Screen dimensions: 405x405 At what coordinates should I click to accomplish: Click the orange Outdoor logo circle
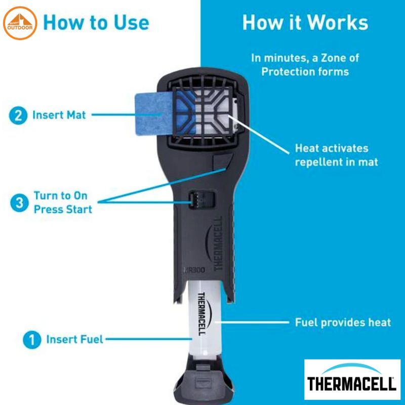pos(20,23)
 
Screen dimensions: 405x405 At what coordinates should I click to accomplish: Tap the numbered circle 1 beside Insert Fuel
pos(32,340)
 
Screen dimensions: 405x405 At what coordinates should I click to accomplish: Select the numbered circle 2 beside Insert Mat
pos(18,115)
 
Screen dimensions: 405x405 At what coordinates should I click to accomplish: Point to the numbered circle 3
pos(20,203)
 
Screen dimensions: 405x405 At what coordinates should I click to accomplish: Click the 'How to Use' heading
pos(96,22)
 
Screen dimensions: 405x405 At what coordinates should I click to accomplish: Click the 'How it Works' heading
pos(305,22)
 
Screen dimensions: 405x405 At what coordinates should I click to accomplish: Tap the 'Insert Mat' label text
pos(59,115)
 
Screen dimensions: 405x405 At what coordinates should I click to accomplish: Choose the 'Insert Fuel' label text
pos(74,339)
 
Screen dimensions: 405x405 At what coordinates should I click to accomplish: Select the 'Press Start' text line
pos(63,210)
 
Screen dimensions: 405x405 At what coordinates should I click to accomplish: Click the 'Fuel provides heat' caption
pos(343,322)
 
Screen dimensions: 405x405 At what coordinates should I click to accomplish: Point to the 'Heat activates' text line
pos(332,148)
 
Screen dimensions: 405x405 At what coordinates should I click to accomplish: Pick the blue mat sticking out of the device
pos(154,113)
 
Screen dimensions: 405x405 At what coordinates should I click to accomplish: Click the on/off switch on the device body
pos(202,199)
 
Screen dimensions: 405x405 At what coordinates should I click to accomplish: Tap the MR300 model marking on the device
pos(194,270)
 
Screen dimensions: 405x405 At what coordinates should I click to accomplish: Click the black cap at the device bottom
pos(204,379)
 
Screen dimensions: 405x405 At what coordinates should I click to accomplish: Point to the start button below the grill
pos(222,161)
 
